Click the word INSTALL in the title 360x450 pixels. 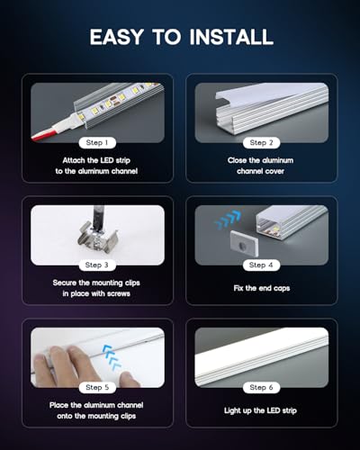click(231, 37)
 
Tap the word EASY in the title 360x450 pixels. click(117, 37)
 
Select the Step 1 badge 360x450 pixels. click(97, 143)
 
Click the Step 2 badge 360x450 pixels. click(261, 143)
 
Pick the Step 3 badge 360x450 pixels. click(97, 265)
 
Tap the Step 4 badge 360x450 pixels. click(261, 265)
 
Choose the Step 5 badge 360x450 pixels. click(97, 388)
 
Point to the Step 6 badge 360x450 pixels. click(261, 388)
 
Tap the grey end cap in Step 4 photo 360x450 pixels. click(244, 243)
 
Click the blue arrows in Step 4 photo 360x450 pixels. click(228, 220)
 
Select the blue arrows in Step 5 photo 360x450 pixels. click(112, 356)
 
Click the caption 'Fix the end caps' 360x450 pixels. click(262, 288)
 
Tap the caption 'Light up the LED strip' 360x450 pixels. click(260, 410)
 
